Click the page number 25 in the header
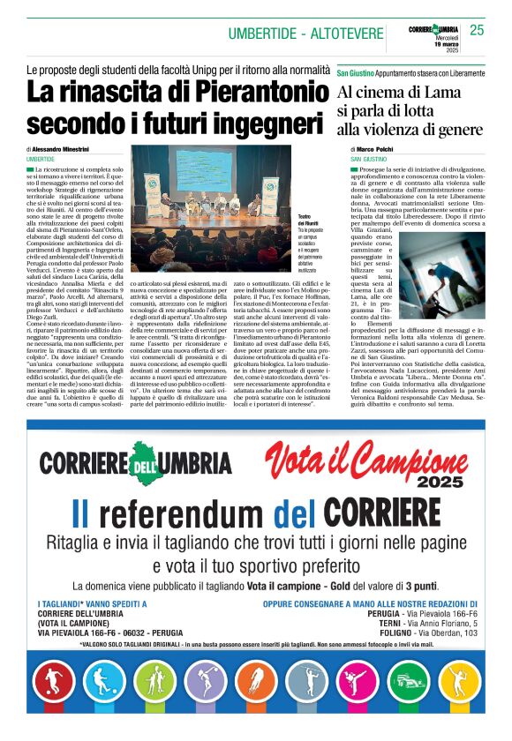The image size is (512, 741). (477, 31)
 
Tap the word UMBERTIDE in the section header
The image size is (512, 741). (262, 34)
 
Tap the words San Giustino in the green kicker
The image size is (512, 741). (356, 73)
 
